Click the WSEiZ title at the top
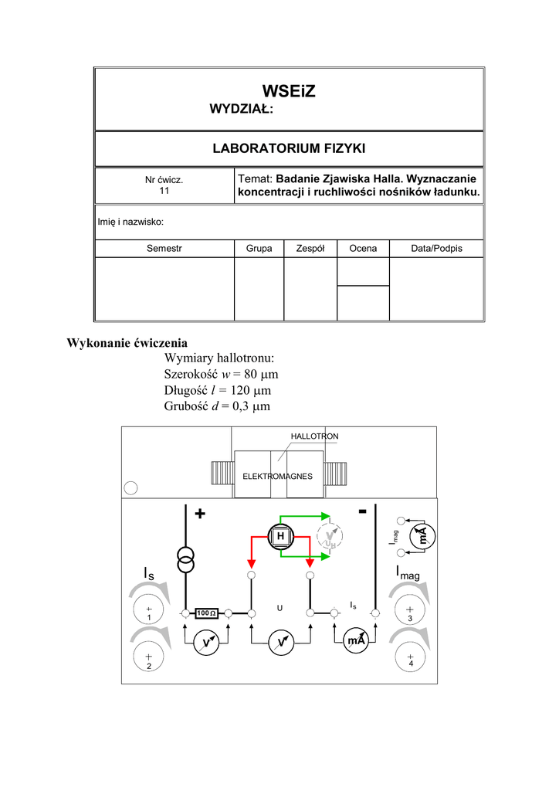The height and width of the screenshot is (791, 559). pos(289,91)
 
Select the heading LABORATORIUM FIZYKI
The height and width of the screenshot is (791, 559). pos(289,148)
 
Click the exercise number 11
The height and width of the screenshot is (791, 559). pos(164,191)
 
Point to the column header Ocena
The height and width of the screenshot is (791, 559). pos(363,249)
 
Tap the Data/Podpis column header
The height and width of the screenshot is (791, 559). pos(436,249)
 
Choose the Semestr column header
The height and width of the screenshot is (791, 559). pos(164,249)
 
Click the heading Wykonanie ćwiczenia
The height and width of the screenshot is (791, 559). pos(127,342)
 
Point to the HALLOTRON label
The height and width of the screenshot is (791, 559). pos(314,436)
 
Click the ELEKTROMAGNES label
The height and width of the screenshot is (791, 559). pos(277,476)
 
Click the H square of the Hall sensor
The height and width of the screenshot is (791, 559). pos(281,536)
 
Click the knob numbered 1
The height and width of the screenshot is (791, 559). pos(149,611)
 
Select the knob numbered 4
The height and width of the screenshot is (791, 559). pos(410,657)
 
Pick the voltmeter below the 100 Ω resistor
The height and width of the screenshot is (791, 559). pos(206,642)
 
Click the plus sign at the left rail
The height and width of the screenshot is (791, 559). pos(202,514)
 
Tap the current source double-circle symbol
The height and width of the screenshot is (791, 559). pos(185,560)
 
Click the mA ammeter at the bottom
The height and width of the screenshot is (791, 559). pos(356,641)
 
